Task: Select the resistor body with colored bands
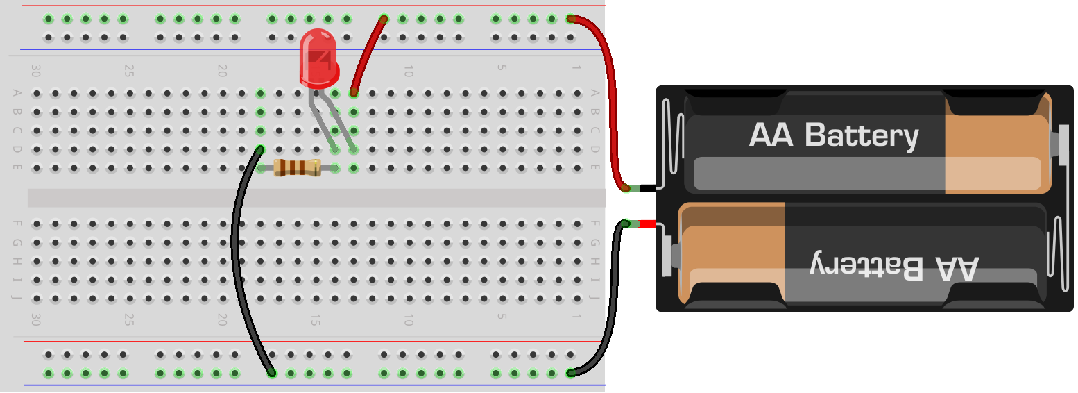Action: click(297, 167)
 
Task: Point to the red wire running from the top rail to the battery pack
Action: click(610, 104)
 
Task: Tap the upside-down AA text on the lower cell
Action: click(957, 267)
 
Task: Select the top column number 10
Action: click(409, 71)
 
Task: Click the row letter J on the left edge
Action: click(17, 299)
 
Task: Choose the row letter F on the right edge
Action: click(594, 224)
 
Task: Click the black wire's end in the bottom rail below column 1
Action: click(570, 373)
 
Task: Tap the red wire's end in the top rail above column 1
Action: click(570, 19)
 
